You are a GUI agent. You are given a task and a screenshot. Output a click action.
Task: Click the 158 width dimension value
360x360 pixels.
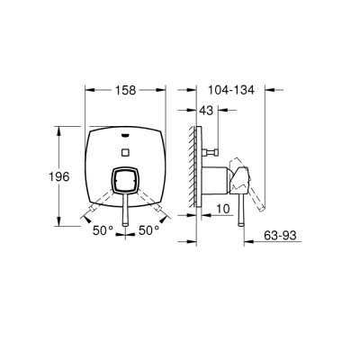[x=126, y=91]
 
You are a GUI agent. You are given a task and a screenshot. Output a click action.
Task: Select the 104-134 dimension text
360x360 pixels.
[x=231, y=91]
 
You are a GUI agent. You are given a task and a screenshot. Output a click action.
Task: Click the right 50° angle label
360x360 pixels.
[x=148, y=231]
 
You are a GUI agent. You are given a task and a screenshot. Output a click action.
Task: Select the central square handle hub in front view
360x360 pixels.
[x=126, y=184]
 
